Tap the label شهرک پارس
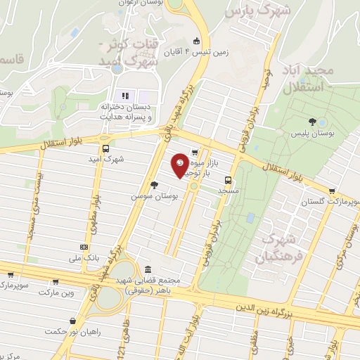[252, 13]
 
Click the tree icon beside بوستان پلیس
[312, 122]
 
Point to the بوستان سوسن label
[152, 196]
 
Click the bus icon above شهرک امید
[105, 148]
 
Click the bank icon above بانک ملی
[84, 247]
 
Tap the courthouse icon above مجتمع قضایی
[147, 269]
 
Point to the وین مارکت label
[56, 291]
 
